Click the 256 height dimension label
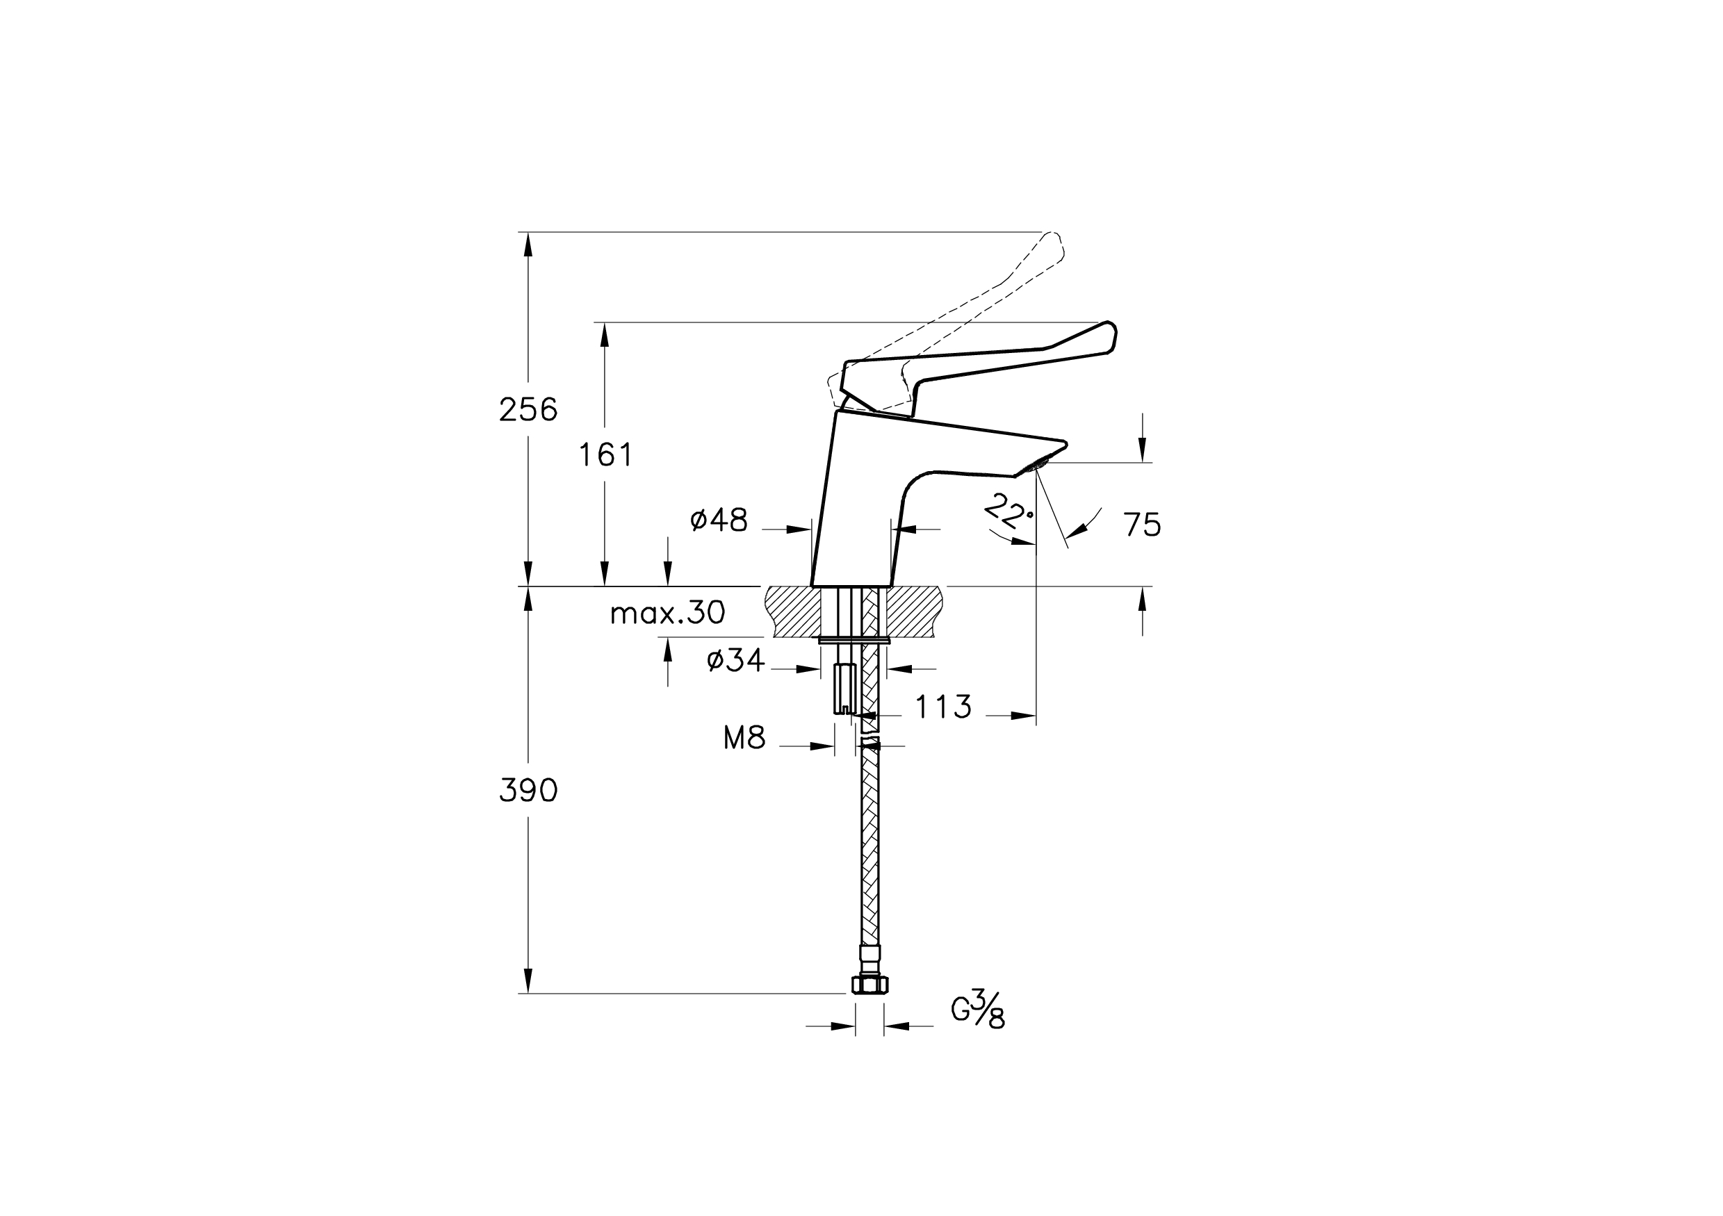[x=528, y=409]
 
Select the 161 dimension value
[x=605, y=454]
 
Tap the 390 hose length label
[x=528, y=790]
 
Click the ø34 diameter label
[x=735, y=660]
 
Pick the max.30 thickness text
[x=668, y=613]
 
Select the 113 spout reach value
[x=943, y=706]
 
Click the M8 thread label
[x=744, y=738]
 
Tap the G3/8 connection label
[x=978, y=1009]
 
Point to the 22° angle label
[x=1008, y=511]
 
